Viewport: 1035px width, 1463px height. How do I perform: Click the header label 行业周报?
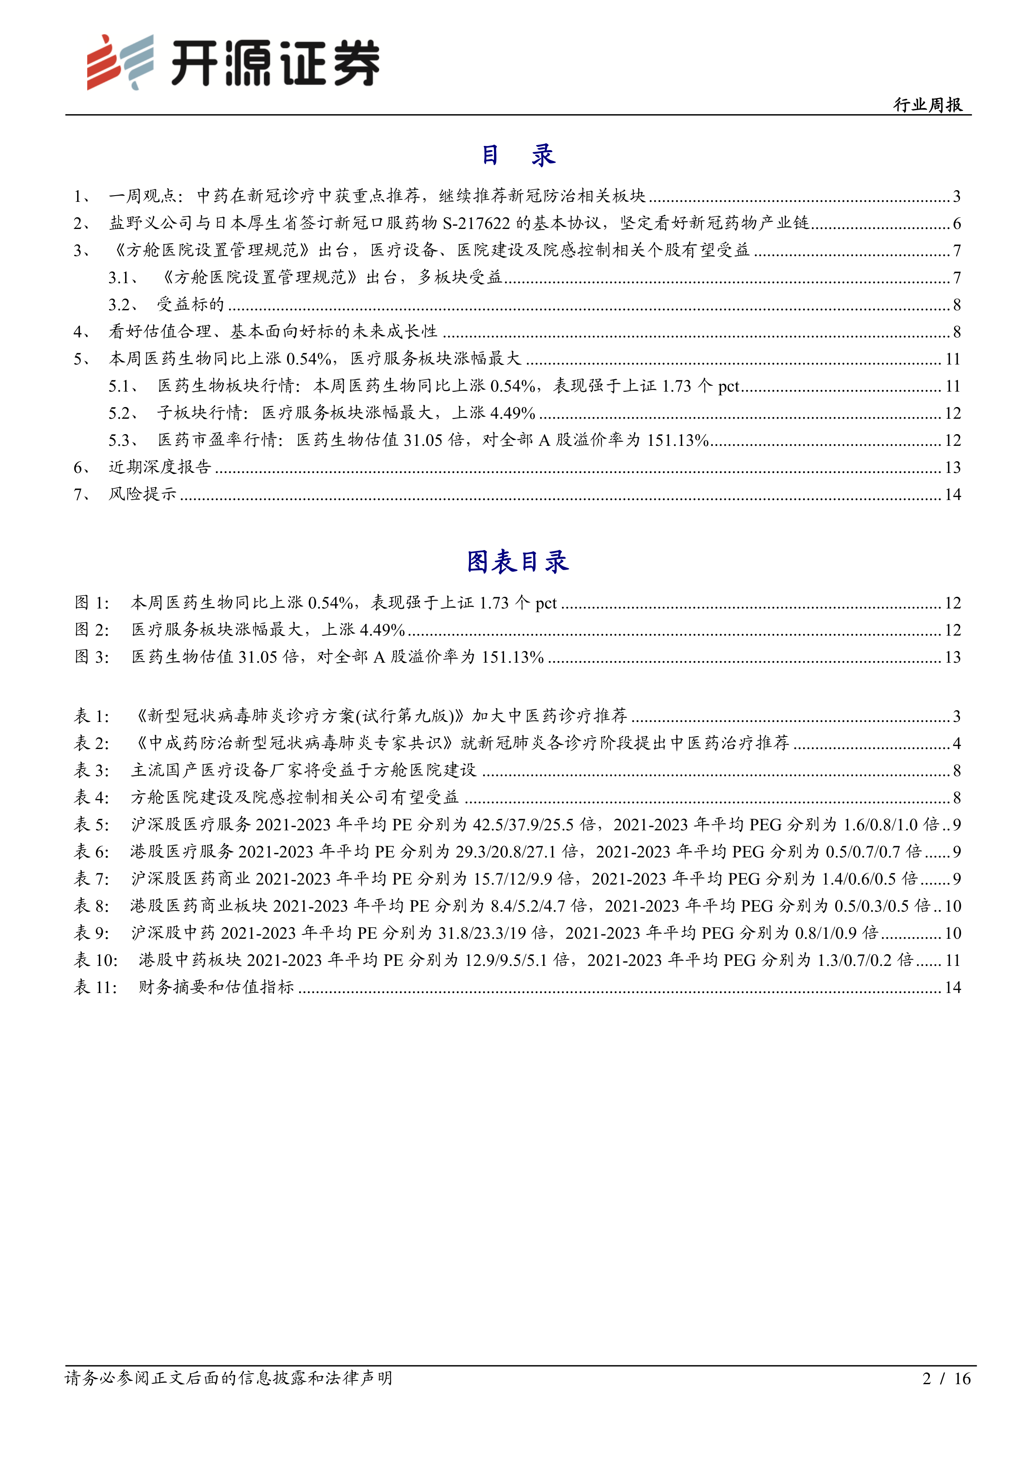927,105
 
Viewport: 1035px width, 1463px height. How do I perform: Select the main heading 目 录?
517,155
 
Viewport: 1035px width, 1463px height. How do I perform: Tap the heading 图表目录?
517,561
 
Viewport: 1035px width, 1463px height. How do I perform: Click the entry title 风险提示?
142,495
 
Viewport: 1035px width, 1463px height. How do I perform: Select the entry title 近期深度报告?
159,467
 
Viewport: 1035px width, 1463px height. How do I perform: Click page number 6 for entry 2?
956,224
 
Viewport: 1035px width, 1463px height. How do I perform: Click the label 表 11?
96,988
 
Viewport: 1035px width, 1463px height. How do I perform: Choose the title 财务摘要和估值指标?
216,988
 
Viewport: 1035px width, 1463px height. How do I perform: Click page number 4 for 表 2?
956,744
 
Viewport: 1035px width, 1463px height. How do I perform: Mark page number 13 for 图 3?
952,657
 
